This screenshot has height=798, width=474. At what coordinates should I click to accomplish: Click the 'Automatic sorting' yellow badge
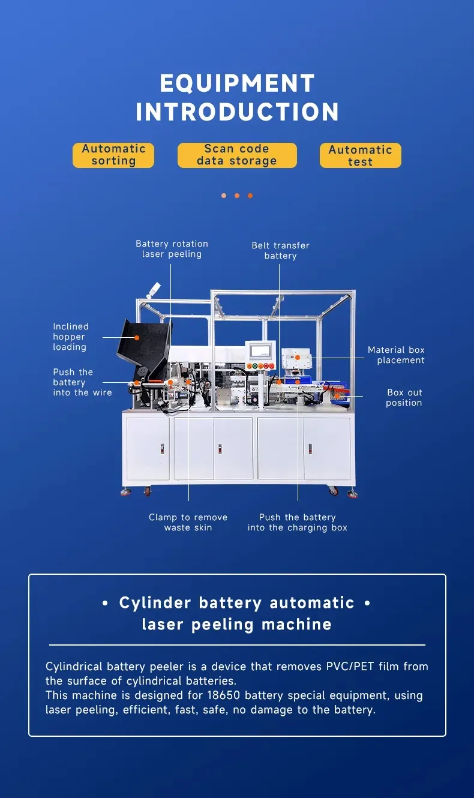(x=113, y=155)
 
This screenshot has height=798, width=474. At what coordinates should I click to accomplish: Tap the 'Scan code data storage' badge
(x=237, y=155)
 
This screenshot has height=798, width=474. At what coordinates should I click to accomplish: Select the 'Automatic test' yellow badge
(x=360, y=155)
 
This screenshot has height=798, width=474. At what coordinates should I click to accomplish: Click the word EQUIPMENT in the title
(x=237, y=83)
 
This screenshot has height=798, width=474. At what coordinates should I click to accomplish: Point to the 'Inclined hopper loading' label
(x=71, y=337)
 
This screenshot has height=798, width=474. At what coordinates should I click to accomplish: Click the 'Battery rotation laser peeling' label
(x=172, y=248)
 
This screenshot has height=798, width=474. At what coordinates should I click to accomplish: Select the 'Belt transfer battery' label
(x=280, y=250)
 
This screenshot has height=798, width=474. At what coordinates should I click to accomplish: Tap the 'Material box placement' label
(x=396, y=355)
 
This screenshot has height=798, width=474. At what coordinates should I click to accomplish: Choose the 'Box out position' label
(x=404, y=398)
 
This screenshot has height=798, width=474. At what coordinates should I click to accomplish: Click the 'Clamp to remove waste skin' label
(x=188, y=522)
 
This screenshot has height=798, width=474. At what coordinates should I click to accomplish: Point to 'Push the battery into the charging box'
(x=298, y=522)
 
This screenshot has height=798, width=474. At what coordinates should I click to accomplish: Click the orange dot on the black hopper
(x=137, y=338)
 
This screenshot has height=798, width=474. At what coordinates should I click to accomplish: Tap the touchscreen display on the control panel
(x=260, y=351)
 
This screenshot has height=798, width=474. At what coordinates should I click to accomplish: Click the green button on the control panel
(x=255, y=365)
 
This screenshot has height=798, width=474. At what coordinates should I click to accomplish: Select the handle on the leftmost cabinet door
(x=162, y=449)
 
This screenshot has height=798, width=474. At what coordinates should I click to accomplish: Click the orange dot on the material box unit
(x=298, y=358)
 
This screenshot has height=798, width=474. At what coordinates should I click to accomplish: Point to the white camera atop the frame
(x=154, y=290)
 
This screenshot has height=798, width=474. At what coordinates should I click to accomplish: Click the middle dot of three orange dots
(x=237, y=196)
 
